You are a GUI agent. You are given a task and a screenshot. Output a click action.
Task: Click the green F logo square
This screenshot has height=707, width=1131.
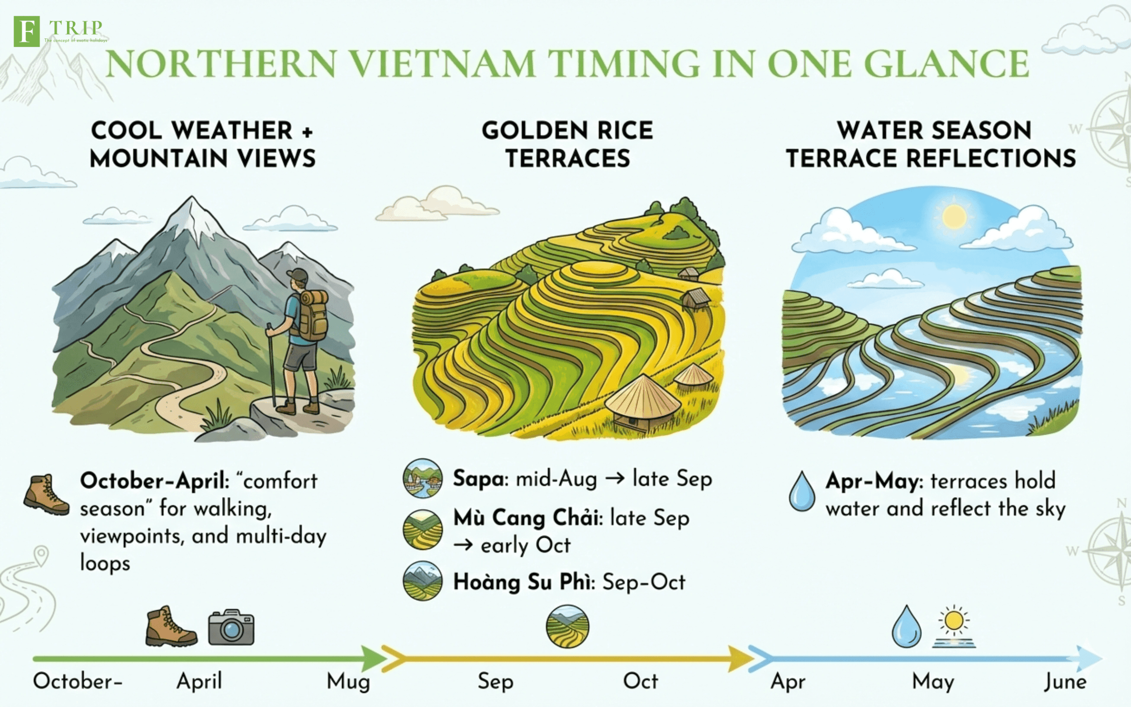(x=27, y=31)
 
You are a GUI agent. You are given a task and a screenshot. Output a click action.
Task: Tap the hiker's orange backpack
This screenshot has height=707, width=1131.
(x=312, y=316)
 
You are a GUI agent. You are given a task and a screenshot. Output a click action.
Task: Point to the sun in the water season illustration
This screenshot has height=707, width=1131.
(x=954, y=217)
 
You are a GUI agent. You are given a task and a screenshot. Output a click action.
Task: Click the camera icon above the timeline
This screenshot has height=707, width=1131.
(x=231, y=627)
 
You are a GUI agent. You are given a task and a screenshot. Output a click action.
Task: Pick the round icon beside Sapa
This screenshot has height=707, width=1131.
(x=423, y=478)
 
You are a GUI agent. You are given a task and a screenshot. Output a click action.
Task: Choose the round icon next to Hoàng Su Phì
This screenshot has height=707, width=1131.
(x=423, y=581)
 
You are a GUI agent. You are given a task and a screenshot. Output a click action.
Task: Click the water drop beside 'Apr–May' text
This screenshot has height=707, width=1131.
(x=802, y=491)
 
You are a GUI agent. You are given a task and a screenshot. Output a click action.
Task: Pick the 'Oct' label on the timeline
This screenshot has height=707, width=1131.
(x=641, y=681)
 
